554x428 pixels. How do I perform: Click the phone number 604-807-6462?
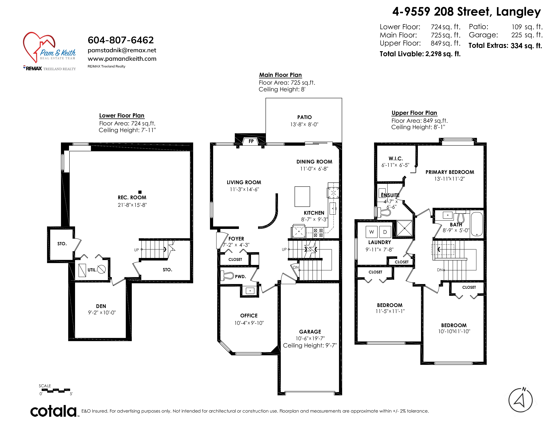pos(121,40)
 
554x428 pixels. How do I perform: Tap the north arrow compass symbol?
pos(521,400)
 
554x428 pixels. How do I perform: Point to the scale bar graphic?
pos(55,390)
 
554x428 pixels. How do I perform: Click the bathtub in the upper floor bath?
pos(477,224)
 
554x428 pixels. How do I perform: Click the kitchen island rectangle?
pos(302,197)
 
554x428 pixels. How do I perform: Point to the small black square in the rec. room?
pos(140,192)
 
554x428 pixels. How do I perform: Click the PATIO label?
pos(304,117)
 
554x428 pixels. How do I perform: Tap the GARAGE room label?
pos(310,332)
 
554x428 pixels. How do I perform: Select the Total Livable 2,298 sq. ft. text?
pos(420,54)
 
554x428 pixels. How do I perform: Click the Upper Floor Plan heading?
pos(414,113)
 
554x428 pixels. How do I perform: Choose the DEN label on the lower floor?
pos(101,306)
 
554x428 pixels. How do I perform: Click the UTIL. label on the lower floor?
pos(92,270)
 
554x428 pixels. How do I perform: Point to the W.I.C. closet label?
pos(396,158)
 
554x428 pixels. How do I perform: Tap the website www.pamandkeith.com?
pos(122,59)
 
